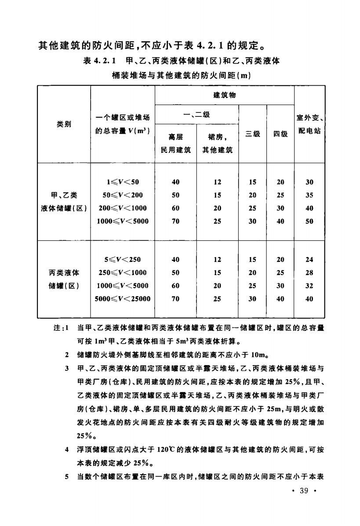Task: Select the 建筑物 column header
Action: (224, 95)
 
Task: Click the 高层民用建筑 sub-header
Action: (175, 142)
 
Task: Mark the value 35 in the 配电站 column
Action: (309, 195)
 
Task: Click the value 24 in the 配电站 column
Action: (309, 260)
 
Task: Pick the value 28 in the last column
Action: (309, 272)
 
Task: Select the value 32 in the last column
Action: (309, 286)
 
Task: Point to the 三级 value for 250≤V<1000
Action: (252, 272)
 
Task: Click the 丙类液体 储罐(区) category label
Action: (64, 279)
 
